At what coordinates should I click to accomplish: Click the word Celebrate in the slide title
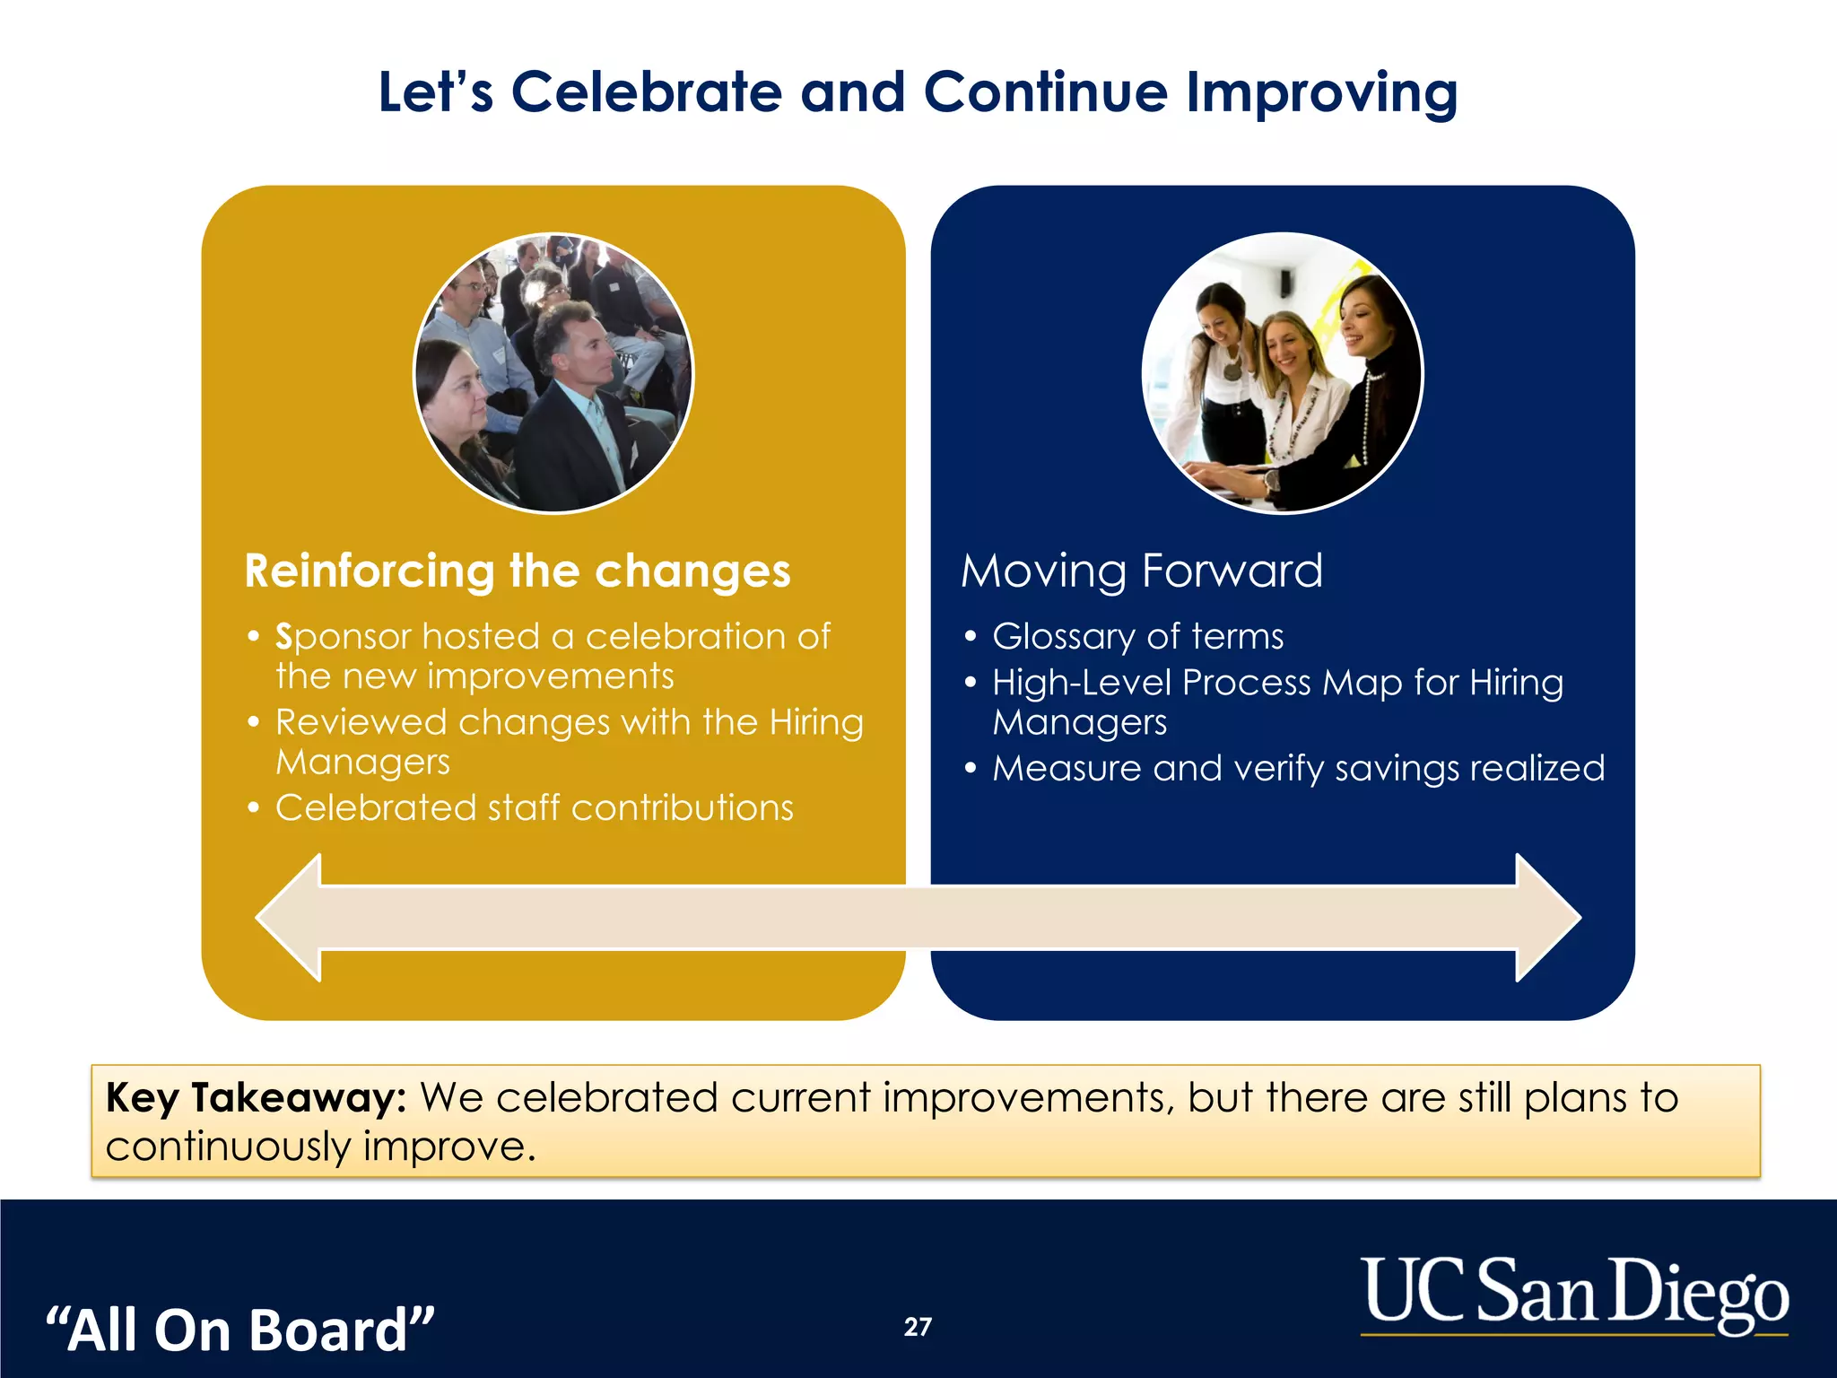[x=646, y=92]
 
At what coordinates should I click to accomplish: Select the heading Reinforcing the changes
[x=518, y=571]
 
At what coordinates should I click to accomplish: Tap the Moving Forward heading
[x=1142, y=571]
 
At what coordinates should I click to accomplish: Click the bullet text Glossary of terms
[x=1137, y=637]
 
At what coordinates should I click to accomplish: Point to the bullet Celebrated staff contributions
[x=534, y=808]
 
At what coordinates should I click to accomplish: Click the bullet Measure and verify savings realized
[x=1298, y=769]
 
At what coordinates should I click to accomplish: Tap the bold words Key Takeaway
[x=257, y=1098]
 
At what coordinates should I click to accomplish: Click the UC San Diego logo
[x=1574, y=1294]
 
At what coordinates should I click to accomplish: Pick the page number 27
[x=918, y=1327]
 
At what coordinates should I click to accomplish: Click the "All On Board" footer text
[x=240, y=1330]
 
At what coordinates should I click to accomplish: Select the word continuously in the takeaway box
[x=228, y=1147]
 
